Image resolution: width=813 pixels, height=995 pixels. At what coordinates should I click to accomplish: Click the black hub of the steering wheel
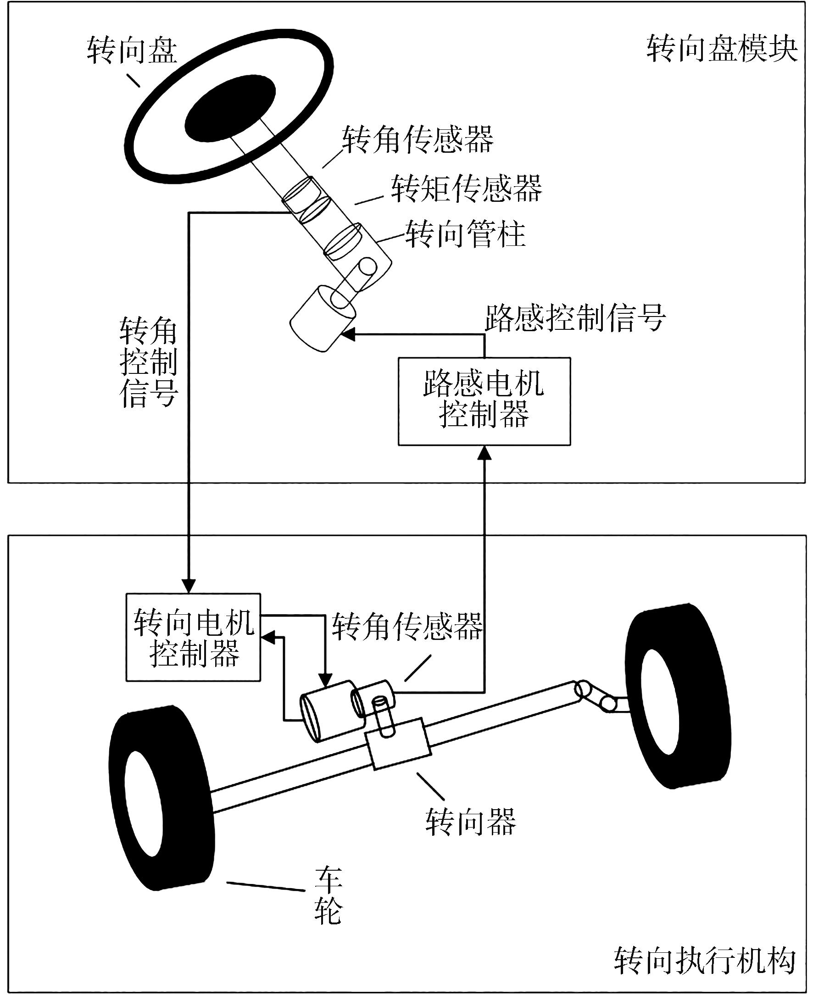[230, 109]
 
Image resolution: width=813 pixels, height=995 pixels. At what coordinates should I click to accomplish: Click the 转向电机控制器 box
[193, 638]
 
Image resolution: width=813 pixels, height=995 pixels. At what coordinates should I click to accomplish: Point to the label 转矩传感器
[466, 188]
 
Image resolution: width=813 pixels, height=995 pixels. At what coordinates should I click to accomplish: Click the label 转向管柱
[465, 233]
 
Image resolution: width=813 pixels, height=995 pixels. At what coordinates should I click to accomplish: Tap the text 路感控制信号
[574, 318]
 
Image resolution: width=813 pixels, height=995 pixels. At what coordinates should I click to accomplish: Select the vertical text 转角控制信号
[148, 363]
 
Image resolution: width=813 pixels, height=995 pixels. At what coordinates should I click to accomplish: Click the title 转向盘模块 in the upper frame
[722, 49]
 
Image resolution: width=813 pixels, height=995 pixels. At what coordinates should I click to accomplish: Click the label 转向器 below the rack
[470, 822]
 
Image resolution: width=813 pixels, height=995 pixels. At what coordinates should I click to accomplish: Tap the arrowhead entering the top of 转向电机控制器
[189, 586]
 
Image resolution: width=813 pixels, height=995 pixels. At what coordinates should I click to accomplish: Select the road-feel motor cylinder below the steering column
[322, 318]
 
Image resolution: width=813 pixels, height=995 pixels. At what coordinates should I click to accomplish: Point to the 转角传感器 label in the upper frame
[417, 139]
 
